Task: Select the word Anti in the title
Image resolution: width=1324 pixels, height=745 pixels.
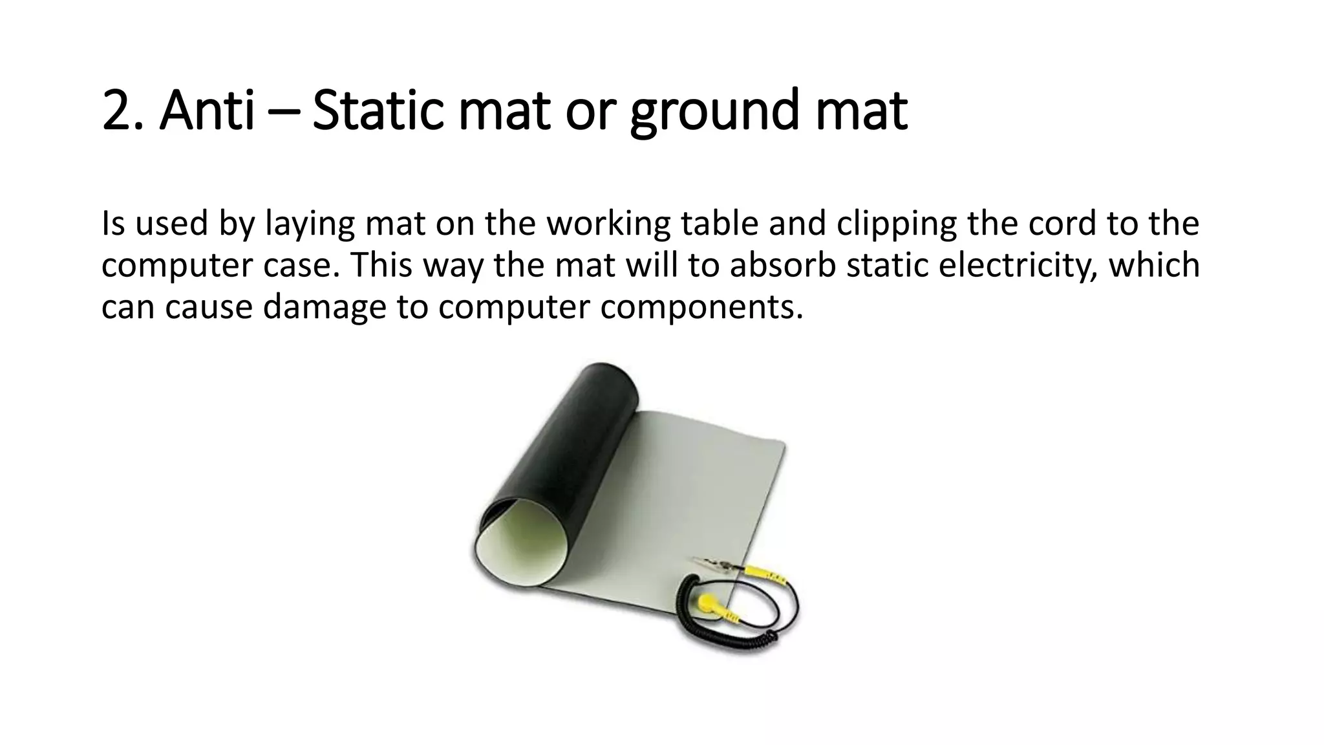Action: [x=207, y=111]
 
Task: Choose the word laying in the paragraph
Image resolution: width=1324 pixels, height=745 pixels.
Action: [x=310, y=224]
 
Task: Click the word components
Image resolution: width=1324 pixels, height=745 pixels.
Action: [x=701, y=307]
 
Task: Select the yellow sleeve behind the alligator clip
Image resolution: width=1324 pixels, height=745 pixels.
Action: [x=766, y=574]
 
